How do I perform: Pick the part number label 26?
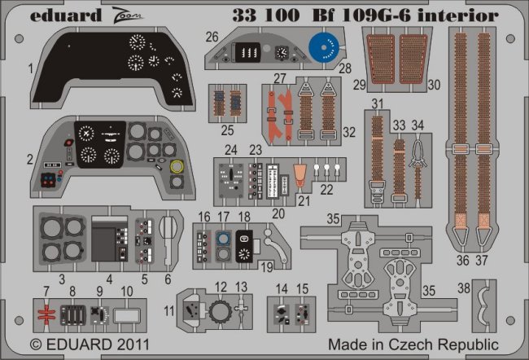click(212, 37)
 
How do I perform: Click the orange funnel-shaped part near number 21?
click(299, 173)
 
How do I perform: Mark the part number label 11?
click(168, 311)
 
